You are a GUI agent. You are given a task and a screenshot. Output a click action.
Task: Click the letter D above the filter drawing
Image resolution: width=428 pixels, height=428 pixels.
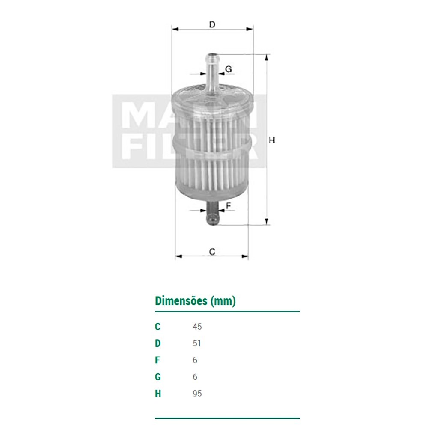pos(212,24)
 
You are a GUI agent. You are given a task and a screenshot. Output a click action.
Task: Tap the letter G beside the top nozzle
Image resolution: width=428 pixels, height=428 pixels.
pos(228,69)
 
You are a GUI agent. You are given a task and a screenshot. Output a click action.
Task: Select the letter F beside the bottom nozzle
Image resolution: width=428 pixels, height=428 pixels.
pos(229,205)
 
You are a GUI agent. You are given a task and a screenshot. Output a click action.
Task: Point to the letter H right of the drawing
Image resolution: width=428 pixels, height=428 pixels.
pos(272,140)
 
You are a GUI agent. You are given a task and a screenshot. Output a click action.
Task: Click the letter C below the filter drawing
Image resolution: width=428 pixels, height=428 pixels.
pos(212,251)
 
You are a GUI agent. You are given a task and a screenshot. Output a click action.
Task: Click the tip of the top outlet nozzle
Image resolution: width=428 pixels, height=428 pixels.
pos(212,54)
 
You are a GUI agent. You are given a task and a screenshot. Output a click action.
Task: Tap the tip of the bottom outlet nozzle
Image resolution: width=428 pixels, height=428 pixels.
pos(212,224)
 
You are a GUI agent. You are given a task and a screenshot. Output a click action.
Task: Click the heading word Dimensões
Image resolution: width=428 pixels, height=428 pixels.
pos(181,301)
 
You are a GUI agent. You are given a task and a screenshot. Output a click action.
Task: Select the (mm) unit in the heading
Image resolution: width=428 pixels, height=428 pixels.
pos(223,301)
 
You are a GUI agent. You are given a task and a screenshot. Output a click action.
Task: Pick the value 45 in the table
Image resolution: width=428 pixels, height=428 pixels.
pos(197,327)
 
